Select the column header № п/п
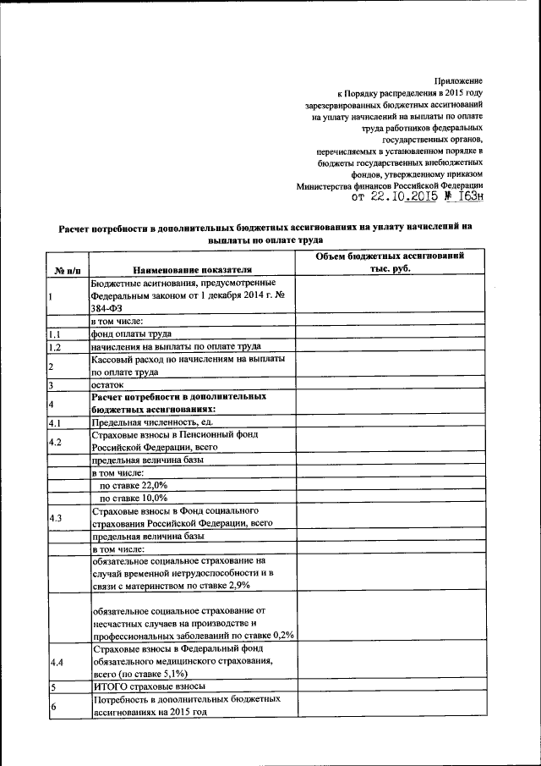[68, 269]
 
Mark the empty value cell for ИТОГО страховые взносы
[390, 686]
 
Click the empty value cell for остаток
[390, 384]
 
